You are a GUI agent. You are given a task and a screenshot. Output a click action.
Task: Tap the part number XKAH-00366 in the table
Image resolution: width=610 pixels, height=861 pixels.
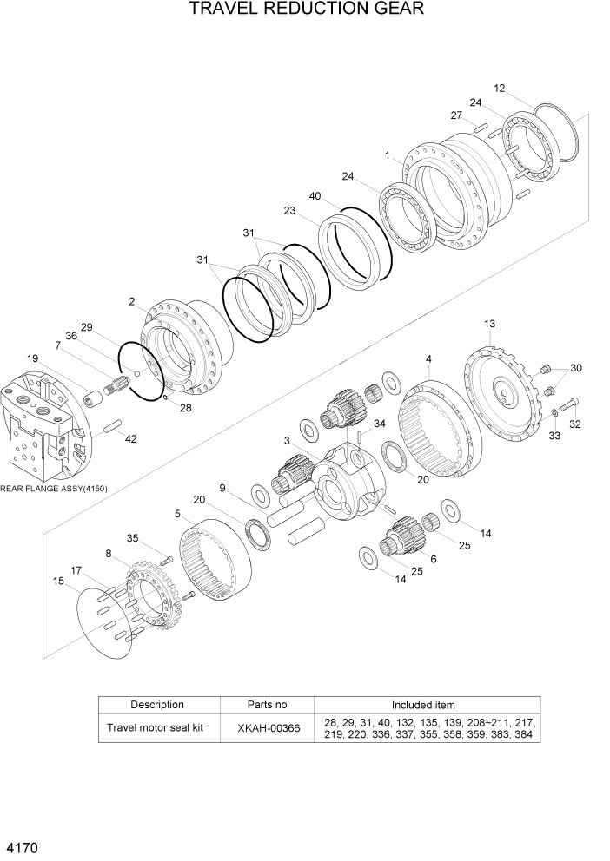268,728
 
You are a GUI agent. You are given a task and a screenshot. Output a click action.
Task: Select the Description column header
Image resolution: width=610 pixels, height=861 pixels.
157,705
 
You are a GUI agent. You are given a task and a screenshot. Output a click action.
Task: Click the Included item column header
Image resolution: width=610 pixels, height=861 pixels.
422,705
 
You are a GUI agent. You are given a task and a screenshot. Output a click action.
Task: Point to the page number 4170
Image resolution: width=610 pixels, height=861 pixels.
21,845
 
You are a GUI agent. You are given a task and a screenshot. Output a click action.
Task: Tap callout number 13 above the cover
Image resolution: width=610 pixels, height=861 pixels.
489,324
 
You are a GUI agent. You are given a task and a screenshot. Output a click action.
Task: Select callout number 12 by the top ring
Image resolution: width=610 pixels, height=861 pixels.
499,88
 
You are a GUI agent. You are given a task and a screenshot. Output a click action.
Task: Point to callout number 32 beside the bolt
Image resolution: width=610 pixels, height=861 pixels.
574,424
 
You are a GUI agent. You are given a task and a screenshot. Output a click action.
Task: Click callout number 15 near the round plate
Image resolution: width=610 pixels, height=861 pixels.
58,581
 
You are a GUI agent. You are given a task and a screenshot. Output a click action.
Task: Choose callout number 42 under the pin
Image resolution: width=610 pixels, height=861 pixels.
130,439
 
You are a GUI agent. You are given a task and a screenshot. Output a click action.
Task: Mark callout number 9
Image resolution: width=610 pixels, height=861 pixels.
222,488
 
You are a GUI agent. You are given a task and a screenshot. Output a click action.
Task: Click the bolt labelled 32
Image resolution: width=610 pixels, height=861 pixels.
569,404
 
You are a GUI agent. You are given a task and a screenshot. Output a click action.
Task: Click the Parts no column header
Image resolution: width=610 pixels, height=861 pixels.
268,705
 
